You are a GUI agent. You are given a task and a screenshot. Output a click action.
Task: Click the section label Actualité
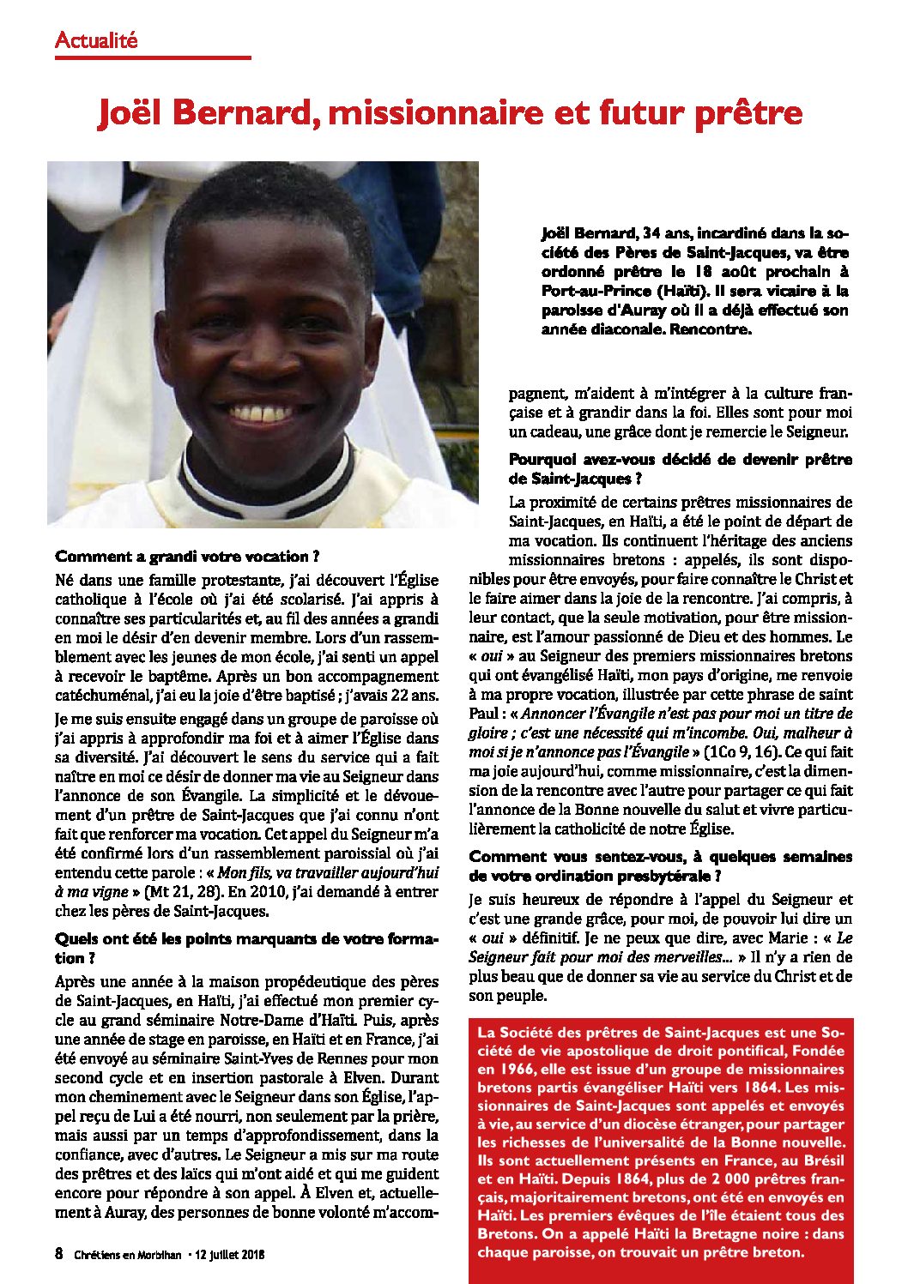pos(96,40)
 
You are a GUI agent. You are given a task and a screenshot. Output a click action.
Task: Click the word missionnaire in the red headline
pos(438,112)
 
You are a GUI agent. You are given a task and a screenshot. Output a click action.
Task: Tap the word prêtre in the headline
pos(749,112)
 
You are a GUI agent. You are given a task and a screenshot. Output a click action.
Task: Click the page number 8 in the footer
pos(59,1253)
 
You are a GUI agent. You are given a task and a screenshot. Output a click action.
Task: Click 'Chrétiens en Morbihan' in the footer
pos(127,1254)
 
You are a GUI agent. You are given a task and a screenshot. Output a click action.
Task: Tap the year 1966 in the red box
pos(517,1070)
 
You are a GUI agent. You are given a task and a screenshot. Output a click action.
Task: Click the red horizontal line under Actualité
pos(153,57)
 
